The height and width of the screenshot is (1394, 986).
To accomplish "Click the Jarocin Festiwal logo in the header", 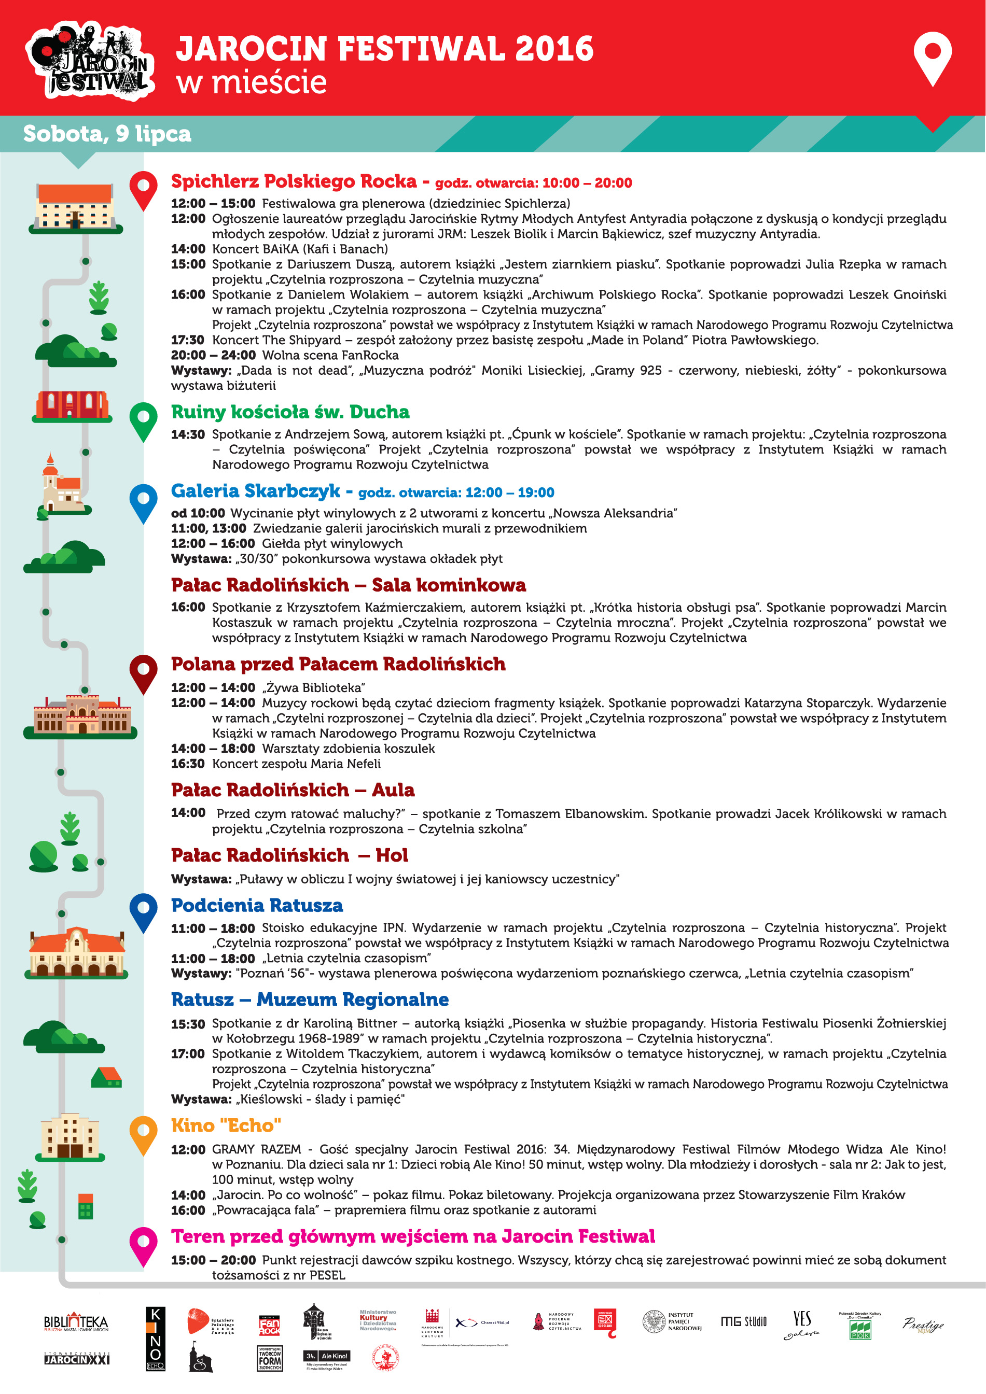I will [90, 60].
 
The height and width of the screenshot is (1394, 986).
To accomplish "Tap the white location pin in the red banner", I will [932, 57].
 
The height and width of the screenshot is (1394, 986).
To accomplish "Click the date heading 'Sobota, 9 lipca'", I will [107, 134].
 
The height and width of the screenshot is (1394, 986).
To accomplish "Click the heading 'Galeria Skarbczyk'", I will [255, 490].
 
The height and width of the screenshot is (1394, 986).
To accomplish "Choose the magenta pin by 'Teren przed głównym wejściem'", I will [143, 1245].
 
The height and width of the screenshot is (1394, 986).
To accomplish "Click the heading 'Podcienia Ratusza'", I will [257, 905].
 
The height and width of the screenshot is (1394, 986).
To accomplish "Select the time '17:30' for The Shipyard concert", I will [187, 340].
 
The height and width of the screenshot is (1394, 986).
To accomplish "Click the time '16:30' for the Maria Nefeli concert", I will [187, 764].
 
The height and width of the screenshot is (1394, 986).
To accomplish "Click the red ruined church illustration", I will [72, 405].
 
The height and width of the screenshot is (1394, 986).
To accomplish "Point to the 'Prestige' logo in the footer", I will [922, 1324].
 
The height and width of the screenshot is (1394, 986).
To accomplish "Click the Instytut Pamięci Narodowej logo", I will [672, 1321].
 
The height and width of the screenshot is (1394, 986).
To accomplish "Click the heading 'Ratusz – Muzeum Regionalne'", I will [310, 999].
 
